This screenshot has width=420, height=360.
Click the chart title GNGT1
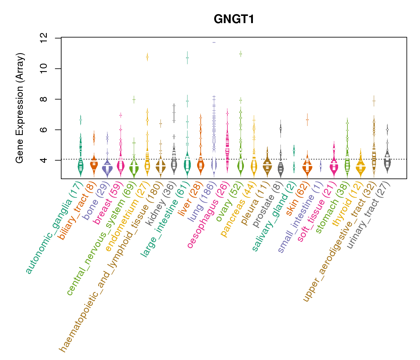click(x=234, y=19)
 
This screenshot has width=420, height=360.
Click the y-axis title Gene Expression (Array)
click(x=19, y=108)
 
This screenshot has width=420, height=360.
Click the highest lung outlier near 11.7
click(x=214, y=42)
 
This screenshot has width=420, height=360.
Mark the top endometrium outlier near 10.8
click(x=147, y=57)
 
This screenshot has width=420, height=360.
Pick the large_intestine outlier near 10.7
click(x=187, y=58)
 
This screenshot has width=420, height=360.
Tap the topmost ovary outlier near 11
click(x=241, y=54)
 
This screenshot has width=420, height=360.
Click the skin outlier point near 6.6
click(x=307, y=120)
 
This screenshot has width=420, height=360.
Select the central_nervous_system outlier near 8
click(x=134, y=99)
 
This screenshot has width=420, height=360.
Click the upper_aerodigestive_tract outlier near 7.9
click(x=374, y=101)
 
